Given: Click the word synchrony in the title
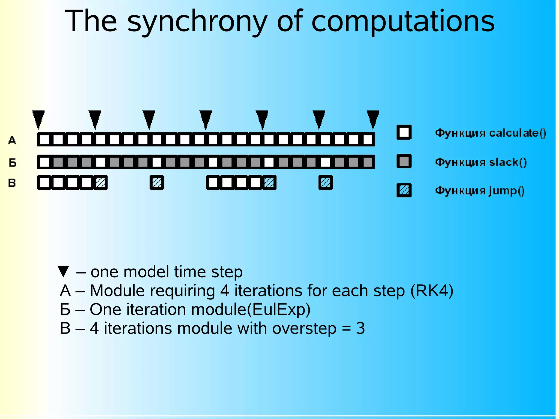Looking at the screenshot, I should click(x=197, y=22).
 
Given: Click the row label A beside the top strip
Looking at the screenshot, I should click(x=12, y=140).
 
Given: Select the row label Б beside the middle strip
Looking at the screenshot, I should click(x=13, y=163).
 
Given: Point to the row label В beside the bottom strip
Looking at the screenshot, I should click(x=12, y=183).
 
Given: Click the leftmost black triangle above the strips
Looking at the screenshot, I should click(x=38, y=118).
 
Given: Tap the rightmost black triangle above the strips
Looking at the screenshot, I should click(x=373, y=118).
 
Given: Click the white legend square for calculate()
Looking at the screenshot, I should click(x=404, y=132).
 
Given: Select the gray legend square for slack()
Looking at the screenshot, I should click(x=404, y=161).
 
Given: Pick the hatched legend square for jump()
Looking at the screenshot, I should click(x=404, y=190).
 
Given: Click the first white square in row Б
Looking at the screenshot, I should click(x=44, y=162).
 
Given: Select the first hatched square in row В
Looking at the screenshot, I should click(x=101, y=182).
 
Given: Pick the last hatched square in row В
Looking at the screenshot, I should click(x=325, y=182).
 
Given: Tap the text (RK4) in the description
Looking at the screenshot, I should click(x=432, y=290).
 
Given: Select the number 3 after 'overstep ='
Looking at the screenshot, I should click(x=360, y=328).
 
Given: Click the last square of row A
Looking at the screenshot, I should click(x=368, y=139).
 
